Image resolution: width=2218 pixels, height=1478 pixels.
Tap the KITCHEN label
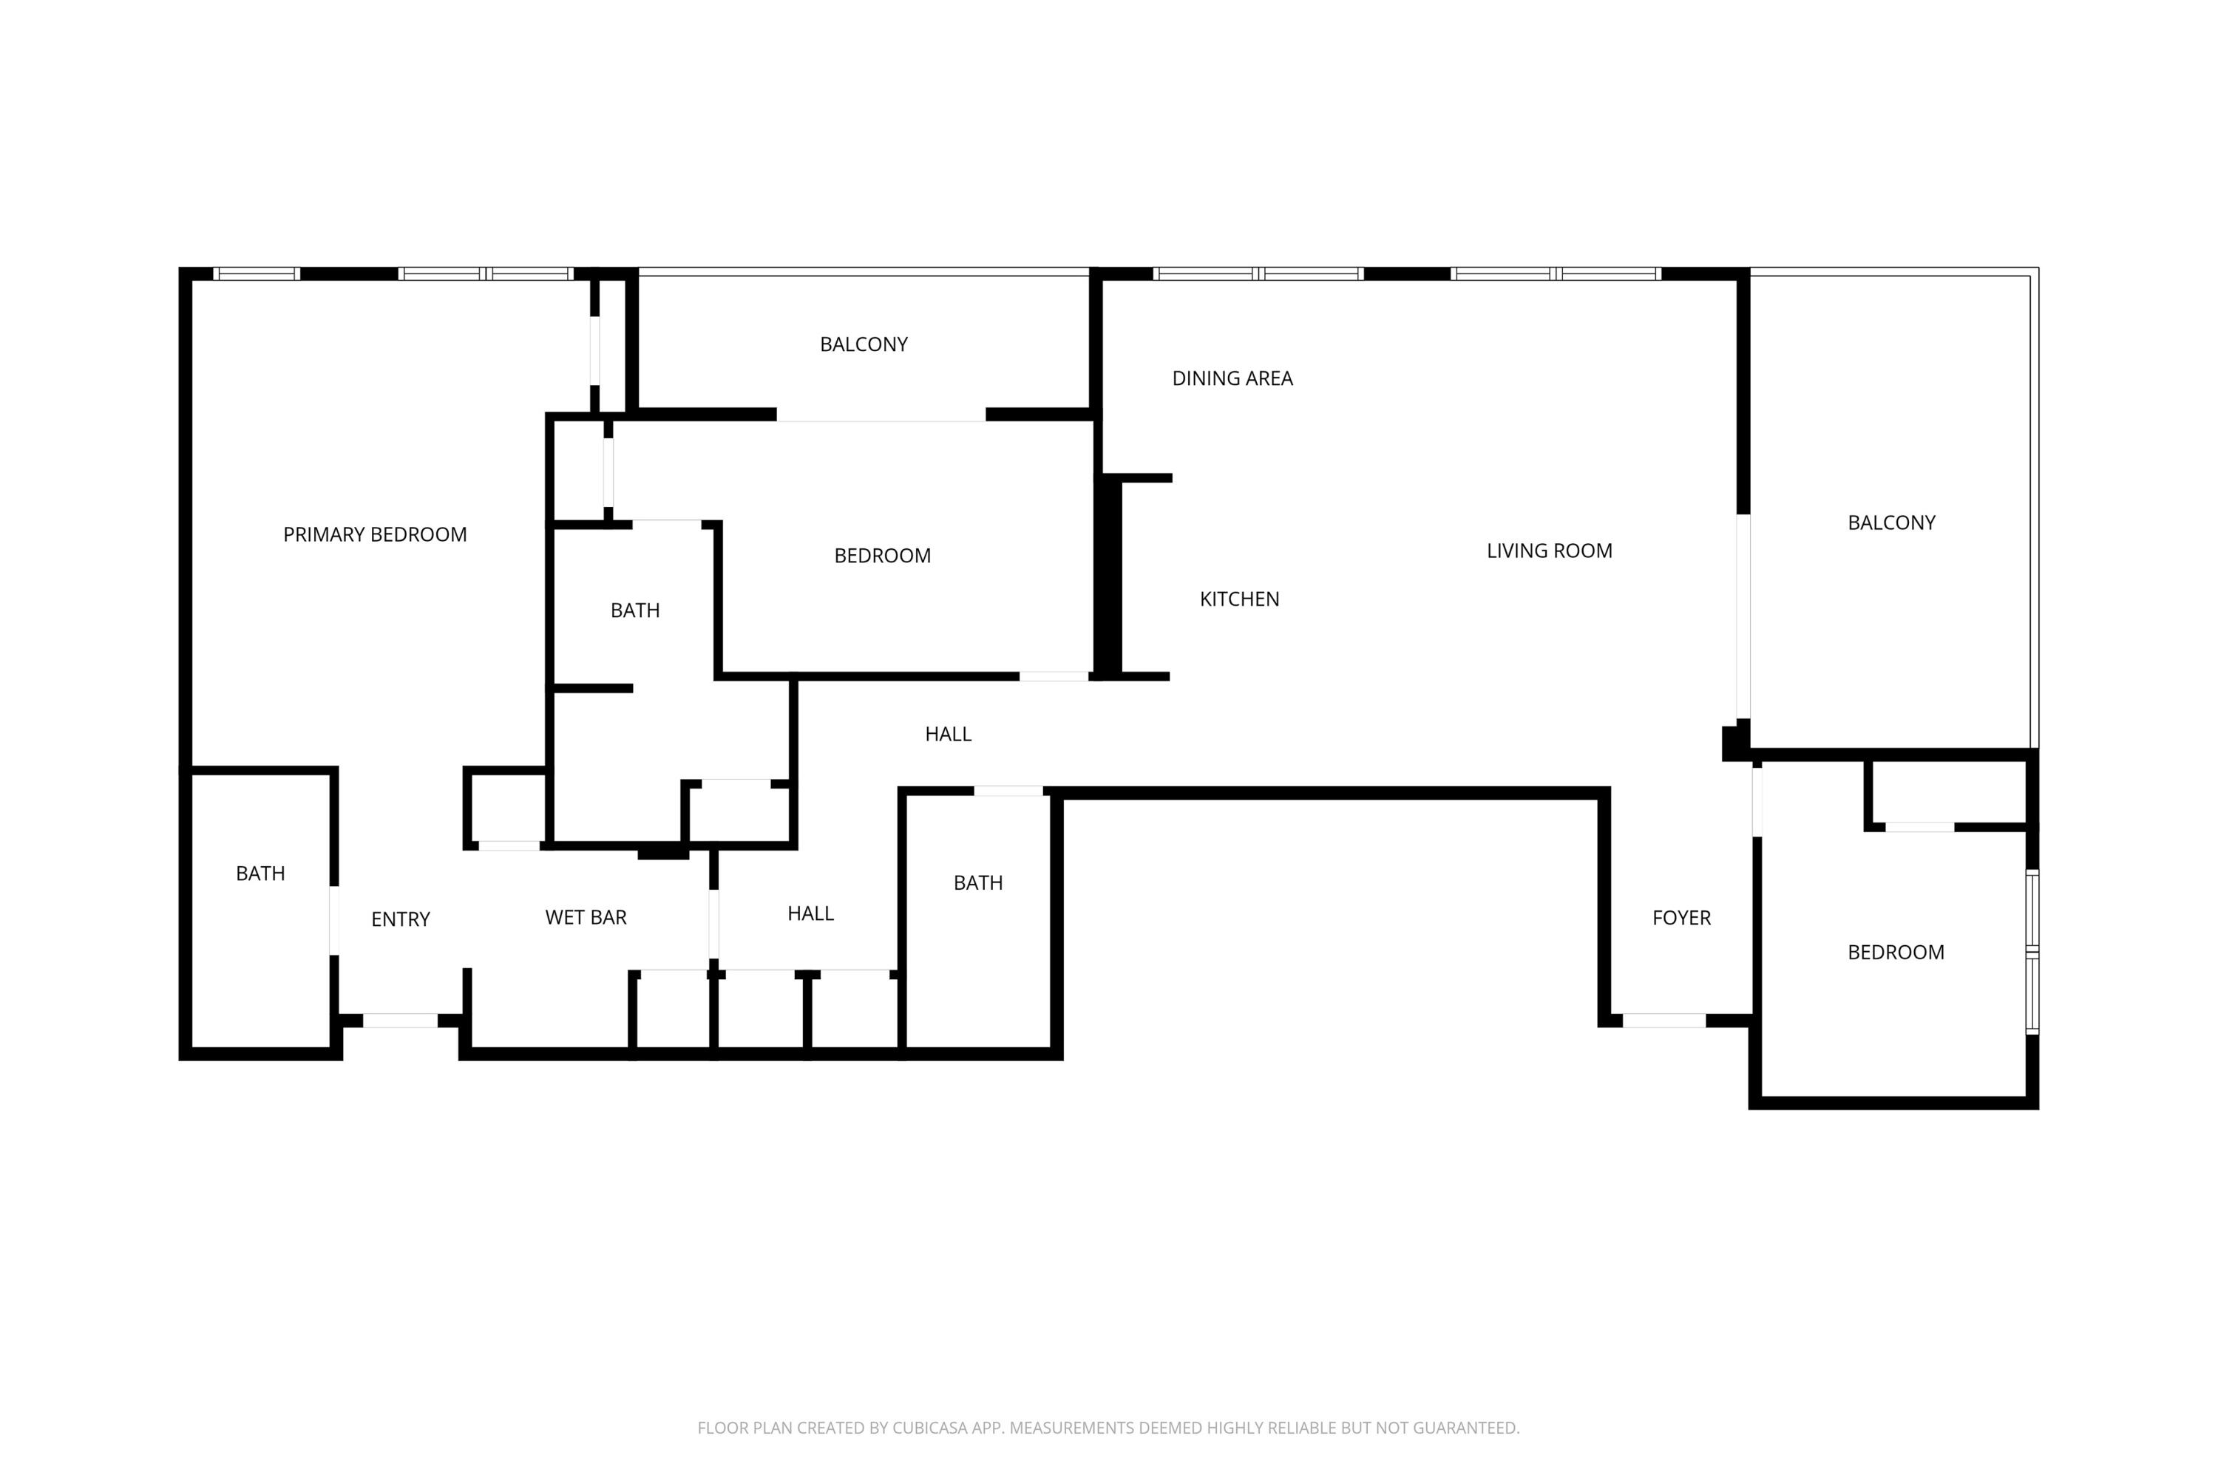[1239, 599]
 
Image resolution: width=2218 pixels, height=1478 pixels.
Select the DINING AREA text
[1232, 378]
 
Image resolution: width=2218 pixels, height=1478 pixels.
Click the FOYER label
[1681, 917]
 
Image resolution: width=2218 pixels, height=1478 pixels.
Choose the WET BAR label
[586, 917]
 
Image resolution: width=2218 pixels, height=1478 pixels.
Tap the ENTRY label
[400, 919]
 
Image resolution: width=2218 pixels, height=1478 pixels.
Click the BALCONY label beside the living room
[1890, 522]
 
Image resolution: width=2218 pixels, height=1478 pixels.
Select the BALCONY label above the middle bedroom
[863, 344]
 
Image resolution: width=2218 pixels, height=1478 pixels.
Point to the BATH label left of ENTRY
[260, 873]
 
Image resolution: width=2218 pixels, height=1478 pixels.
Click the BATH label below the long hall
[978, 883]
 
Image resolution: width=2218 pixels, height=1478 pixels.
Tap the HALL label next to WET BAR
[810, 913]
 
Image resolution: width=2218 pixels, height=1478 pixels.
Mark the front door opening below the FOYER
[1663, 1020]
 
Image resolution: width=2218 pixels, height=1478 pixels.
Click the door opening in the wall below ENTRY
[400, 1020]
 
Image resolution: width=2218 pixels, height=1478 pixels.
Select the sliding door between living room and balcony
[1743, 616]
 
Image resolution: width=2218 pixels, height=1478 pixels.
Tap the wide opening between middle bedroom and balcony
[881, 415]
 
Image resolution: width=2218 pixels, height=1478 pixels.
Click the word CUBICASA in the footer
[930, 1428]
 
